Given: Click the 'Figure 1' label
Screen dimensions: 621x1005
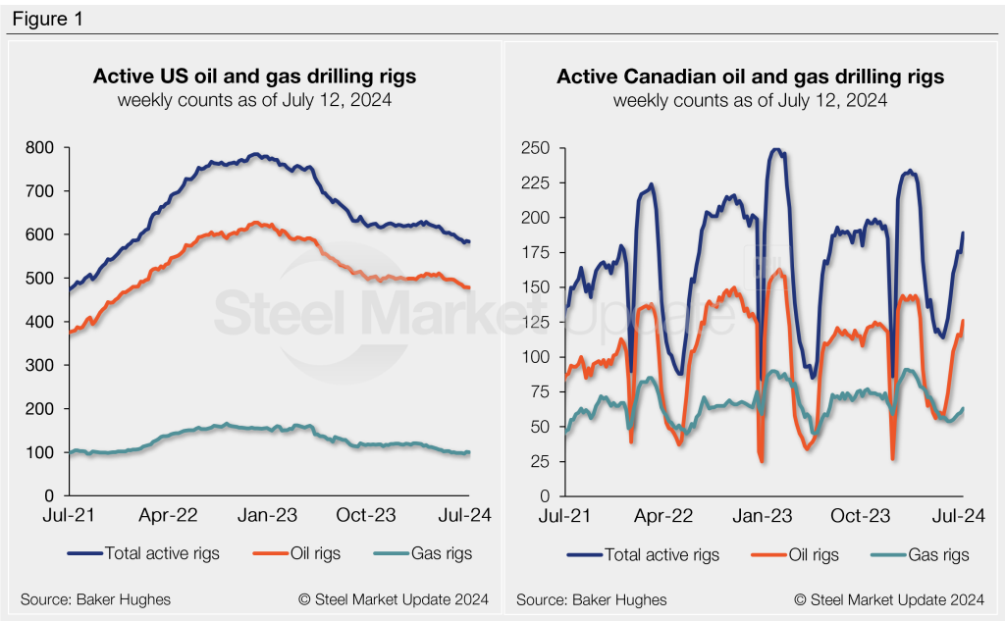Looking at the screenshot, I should pos(46,20).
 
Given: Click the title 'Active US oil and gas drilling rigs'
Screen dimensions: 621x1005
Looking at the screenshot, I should pos(254,77).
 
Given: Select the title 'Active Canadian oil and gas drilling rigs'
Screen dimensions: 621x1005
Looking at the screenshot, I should pos(751,77).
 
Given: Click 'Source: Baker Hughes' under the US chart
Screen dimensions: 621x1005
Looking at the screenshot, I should pos(95,599).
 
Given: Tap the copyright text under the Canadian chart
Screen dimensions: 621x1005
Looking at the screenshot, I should pos(889,599).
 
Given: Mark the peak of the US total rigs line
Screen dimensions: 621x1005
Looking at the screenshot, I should pos(256,154).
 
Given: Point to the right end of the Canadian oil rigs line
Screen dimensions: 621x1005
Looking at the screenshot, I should pos(963,321).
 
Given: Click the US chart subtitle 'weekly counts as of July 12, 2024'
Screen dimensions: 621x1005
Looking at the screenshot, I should pos(254,100).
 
